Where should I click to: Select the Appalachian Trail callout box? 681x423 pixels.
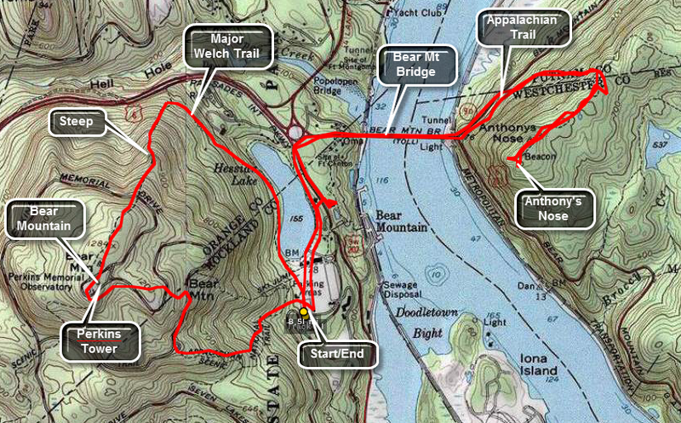pos(523,30)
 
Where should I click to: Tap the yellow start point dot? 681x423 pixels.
pos(304,312)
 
